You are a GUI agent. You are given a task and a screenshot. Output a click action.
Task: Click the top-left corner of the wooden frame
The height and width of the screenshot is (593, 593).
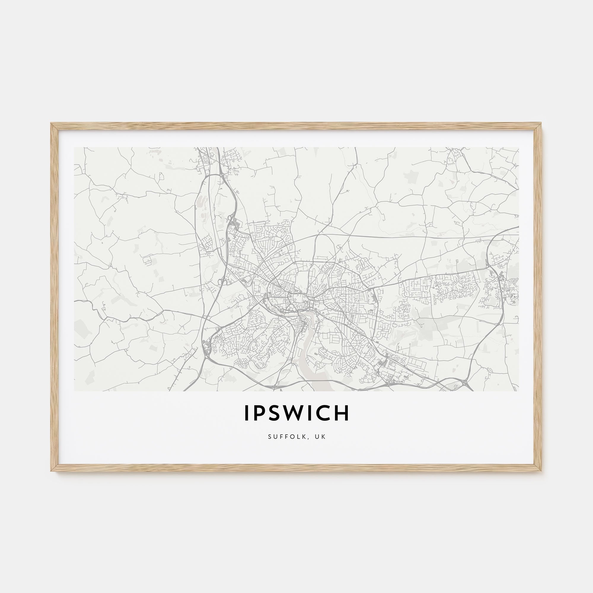point(51,123)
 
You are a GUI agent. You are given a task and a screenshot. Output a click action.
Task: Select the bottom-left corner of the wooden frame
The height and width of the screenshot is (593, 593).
point(51,471)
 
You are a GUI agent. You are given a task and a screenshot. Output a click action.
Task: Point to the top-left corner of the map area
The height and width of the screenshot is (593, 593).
point(75,147)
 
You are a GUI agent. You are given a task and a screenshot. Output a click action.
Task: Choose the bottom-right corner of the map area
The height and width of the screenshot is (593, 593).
point(518,391)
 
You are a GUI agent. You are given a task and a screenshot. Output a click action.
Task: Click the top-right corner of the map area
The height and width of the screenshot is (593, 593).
point(518,147)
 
